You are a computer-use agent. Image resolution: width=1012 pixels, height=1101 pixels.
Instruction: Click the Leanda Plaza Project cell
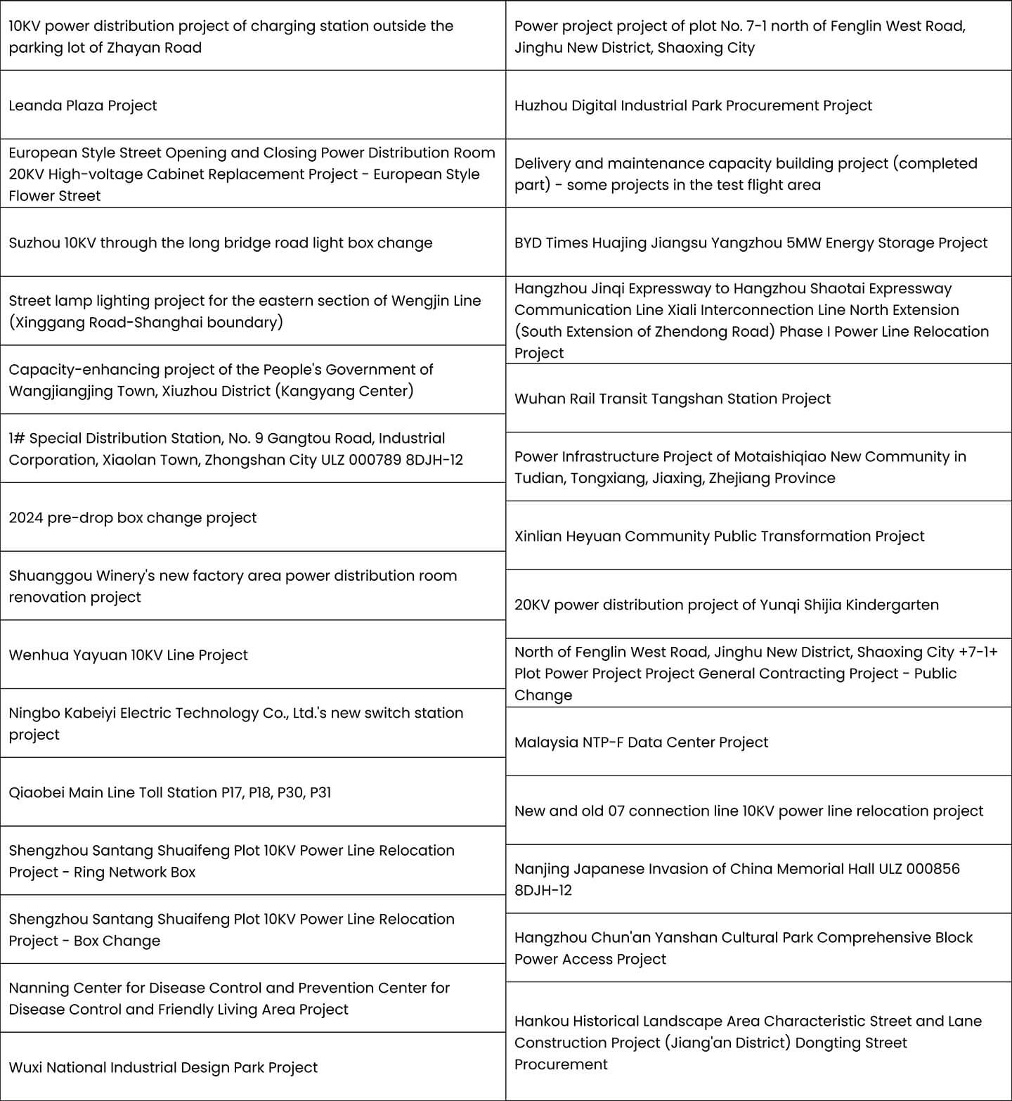pos(83,105)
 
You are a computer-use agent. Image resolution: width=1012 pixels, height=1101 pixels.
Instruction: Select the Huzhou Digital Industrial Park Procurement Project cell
pos(693,105)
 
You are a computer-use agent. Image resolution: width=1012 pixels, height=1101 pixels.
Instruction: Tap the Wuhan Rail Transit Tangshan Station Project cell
pos(672,399)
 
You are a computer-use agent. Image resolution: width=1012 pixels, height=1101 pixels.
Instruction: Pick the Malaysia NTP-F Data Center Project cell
pos(641,742)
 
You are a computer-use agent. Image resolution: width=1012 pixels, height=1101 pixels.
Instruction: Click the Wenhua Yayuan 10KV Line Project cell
pos(128,655)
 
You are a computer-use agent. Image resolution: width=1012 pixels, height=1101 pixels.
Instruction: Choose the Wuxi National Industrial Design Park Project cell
pos(163,1067)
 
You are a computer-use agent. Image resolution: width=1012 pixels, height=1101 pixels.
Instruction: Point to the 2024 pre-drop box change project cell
pos(133,518)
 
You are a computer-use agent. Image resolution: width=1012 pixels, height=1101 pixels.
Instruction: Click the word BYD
pos(528,243)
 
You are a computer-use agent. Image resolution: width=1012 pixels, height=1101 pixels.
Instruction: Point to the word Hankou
pos(538,1021)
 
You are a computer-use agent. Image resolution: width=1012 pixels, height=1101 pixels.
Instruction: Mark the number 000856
pos(933,869)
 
